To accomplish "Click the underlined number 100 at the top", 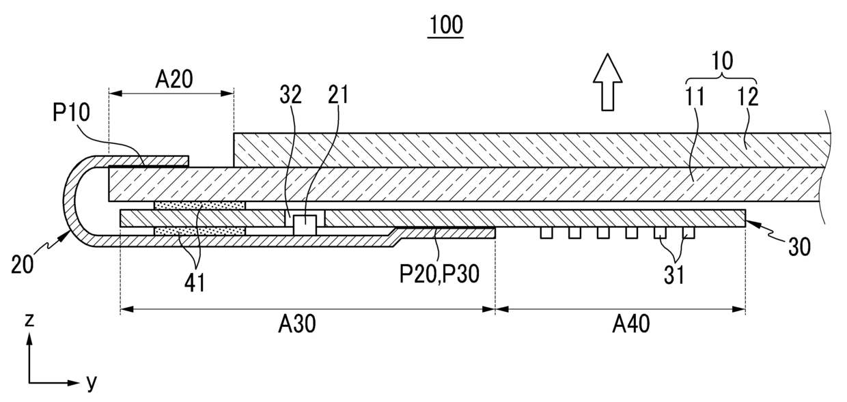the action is (446, 25).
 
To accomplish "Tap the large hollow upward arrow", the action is (608, 82).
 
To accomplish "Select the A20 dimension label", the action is (174, 80).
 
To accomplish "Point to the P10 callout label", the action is (71, 113).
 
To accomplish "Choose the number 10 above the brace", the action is (722, 61).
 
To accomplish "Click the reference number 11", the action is (695, 96).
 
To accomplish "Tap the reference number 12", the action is (748, 96).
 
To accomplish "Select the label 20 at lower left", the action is (23, 264).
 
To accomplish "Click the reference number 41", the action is (195, 283).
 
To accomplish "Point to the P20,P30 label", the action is (439, 274).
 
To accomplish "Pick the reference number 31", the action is (674, 276).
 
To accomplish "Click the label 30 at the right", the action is (799, 247).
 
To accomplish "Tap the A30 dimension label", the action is (297, 324).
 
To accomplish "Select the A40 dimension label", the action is (631, 324).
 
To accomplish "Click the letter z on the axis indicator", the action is (29, 320).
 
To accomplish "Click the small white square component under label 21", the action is (305, 225).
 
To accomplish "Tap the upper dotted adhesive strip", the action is (199, 205).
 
